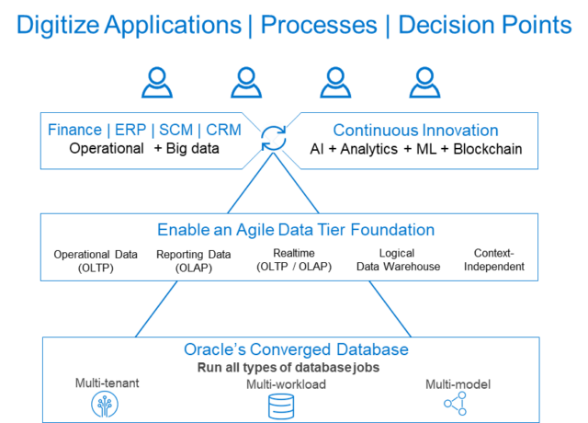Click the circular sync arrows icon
coord(273,139)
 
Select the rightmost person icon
coord(424,84)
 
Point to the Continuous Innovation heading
coord(415,131)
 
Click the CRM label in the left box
coord(223,131)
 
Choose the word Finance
coord(74,131)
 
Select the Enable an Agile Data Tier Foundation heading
coord(296,230)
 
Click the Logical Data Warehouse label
coord(396,260)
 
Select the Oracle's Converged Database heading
coord(296,350)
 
